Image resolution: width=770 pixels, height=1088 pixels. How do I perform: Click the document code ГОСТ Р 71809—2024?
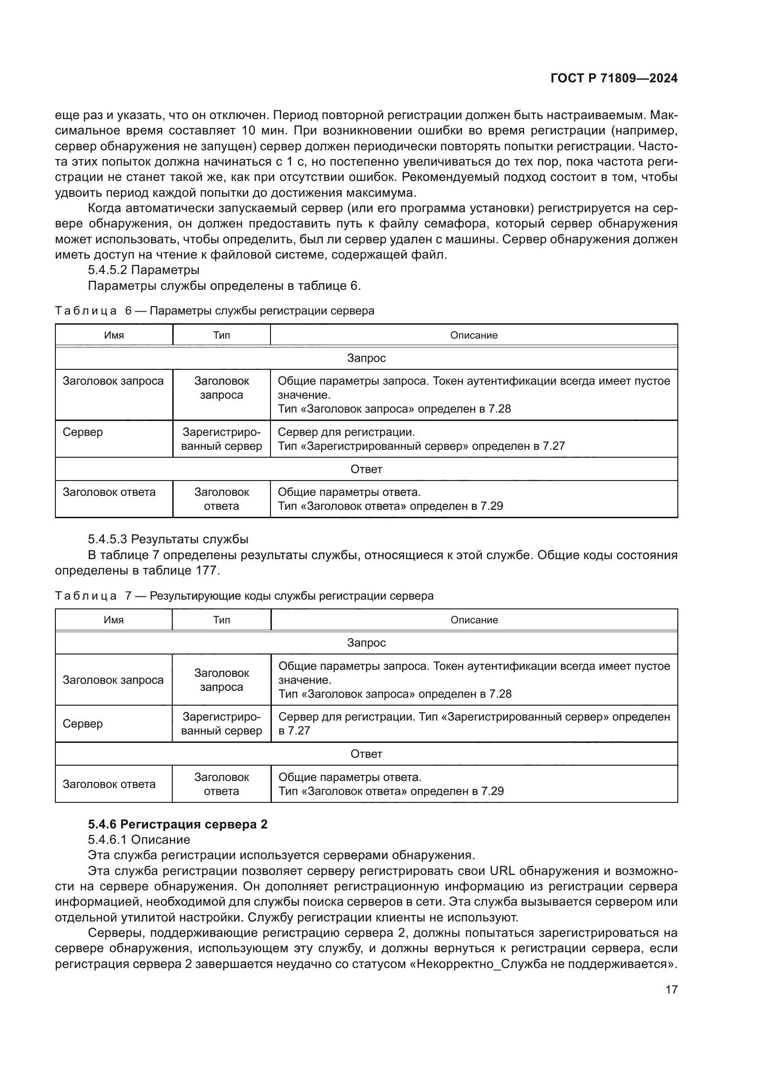coord(614,79)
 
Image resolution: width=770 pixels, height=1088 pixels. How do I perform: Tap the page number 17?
coord(671,989)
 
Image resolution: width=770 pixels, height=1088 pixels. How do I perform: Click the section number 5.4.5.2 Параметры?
coord(143,270)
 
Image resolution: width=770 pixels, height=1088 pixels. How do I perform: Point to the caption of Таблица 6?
coord(214,311)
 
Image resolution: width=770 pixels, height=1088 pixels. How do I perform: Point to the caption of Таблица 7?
coord(243,596)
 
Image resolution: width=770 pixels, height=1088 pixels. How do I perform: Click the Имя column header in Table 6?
coord(114,335)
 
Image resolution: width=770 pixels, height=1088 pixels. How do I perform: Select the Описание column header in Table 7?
coord(474,620)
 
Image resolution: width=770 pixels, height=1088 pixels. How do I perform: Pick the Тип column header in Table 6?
coord(222,335)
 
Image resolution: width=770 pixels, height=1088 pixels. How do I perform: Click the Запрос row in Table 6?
coord(366,358)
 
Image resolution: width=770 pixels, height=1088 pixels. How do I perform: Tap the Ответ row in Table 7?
coord(366,754)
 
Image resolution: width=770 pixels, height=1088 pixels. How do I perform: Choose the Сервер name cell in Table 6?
coord(82,432)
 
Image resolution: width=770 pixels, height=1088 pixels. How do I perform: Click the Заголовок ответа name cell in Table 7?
coord(109,784)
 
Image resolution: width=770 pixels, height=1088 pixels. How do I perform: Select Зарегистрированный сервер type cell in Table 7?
coord(222,724)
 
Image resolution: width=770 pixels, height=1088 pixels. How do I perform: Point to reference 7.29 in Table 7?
coord(492,791)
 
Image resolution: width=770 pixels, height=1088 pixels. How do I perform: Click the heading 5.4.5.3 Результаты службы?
coord(168,539)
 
